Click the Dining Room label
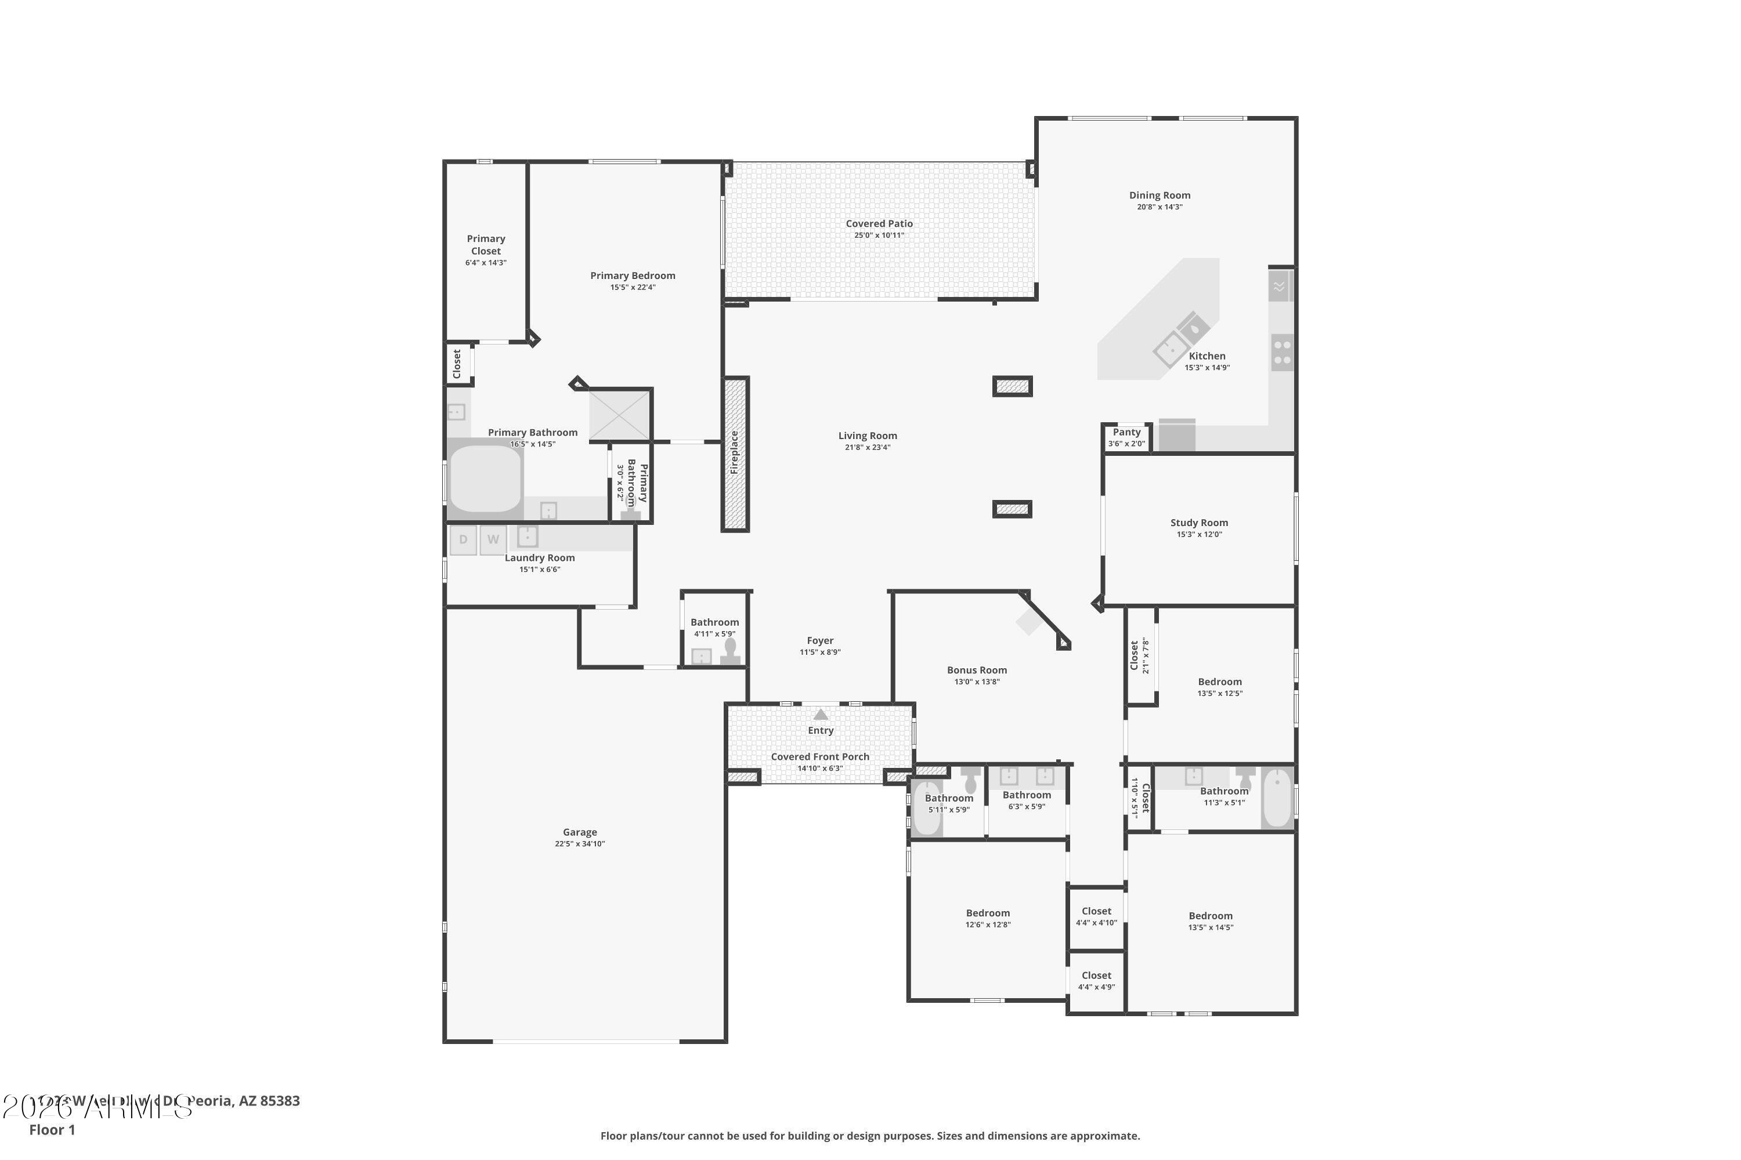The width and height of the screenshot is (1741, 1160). pyautogui.click(x=1159, y=195)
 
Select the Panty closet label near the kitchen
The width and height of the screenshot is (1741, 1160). pyautogui.click(x=1126, y=432)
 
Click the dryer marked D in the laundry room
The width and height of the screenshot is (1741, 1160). pyautogui.click(x=463, y=539)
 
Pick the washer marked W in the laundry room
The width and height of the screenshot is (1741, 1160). pyautogui.click(x=493, y=539)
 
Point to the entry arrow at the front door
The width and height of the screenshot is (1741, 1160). pyautogui.click(x=820, y=715)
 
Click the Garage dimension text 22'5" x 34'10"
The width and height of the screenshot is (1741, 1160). pyautogui.click(x=580, y=844)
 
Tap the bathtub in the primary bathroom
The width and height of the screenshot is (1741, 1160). pyautogui.click(x=485, y=478)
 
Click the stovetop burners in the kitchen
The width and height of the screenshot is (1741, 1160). pyautogui.click(x=1282, y=352)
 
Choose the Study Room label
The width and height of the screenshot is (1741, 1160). pyautogui.click(x=1198, y=523)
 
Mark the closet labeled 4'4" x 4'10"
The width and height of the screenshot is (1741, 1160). pyautogui.click(x=1096, y=916)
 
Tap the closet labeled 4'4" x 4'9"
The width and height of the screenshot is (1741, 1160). pyautogui.click(x=1096, y=980)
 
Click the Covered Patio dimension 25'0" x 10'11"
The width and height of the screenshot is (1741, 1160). pyautogui.click(x=879, y=235)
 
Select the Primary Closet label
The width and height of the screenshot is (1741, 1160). pyautogui.click(x=486, y=245)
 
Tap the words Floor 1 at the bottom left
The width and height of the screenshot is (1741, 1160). pyautogui.click(x=52, y=1130)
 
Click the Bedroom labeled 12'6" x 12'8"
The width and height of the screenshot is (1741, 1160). pyautogui.click(x=988, y=913)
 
